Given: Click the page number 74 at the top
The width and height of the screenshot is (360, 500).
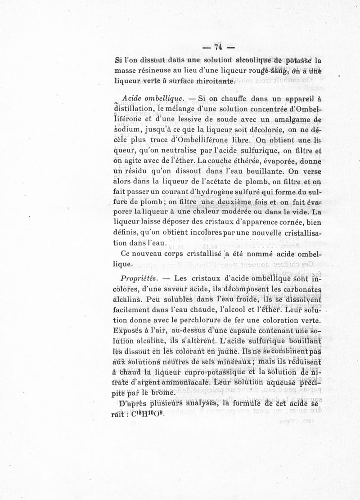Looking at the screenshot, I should (x=219, y=47).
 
